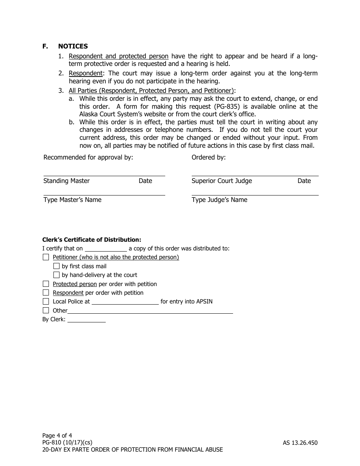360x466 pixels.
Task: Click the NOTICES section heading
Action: (73, 46)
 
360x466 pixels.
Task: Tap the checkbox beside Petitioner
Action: (46, 257)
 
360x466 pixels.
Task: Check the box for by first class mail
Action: (56, 266)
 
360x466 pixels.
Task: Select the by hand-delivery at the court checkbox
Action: (56, 275)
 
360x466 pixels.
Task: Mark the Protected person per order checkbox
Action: (46, 284)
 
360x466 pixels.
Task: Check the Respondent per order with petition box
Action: (46, 292)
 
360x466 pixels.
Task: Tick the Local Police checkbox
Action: (46, 302)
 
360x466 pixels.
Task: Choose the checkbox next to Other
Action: (46, 310)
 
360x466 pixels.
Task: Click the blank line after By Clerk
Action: (86, 320)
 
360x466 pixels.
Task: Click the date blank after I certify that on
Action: (106, 249)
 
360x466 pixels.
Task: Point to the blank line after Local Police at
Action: (125, 302)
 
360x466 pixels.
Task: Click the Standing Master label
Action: (67, 181)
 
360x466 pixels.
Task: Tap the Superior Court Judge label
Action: (222, 181)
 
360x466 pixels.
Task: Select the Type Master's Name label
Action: (72, 200)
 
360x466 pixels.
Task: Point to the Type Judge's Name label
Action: (219, 200)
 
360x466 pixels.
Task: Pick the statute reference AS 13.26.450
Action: (300, 443)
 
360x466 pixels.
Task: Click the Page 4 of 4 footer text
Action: (57, 435)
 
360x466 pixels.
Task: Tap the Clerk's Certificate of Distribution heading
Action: (92, 239)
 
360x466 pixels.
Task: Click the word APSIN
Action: (204, 302)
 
